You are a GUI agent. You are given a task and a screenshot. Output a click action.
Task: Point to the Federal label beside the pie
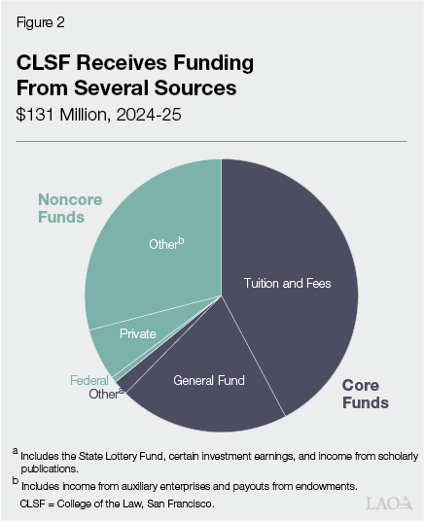click(88, 380)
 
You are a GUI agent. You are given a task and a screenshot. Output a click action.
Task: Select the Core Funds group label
click(365, 394)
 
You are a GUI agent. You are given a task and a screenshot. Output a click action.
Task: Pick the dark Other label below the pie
click(103, 395)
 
